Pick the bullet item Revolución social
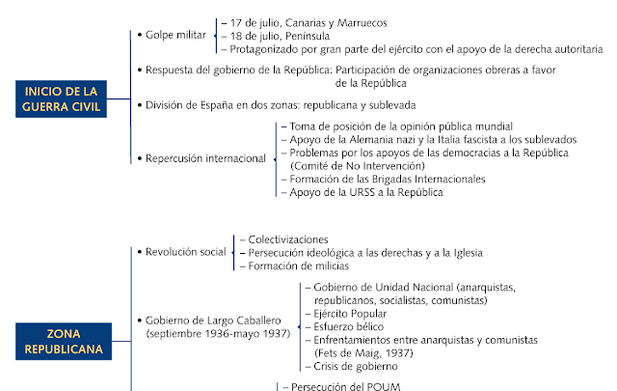[185, 252]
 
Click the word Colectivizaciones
[288, 238]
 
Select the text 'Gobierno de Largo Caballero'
[217, 320]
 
